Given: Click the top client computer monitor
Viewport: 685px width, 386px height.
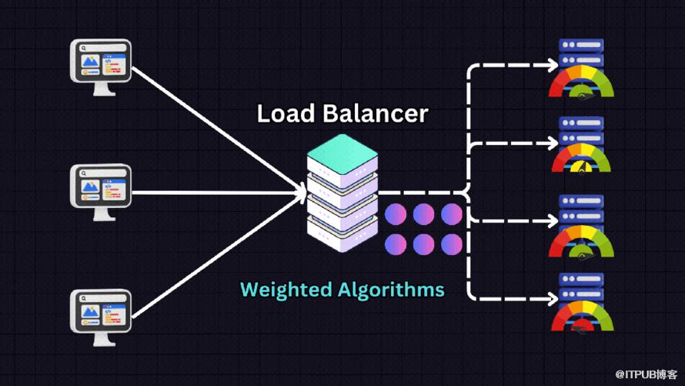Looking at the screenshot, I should point(101,64).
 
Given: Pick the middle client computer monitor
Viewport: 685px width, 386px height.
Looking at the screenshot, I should point(101,190).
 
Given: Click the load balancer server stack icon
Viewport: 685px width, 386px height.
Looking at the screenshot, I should point(342,193).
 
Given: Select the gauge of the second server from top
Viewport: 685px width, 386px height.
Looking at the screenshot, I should point(581,159).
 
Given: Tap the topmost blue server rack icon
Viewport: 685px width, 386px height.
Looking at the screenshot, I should point(581,52).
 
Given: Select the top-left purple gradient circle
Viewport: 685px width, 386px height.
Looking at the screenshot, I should point(396,213).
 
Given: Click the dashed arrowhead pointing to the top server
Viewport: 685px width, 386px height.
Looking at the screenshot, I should point(551,65).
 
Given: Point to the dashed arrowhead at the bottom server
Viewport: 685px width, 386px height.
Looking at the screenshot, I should point(551,298).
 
